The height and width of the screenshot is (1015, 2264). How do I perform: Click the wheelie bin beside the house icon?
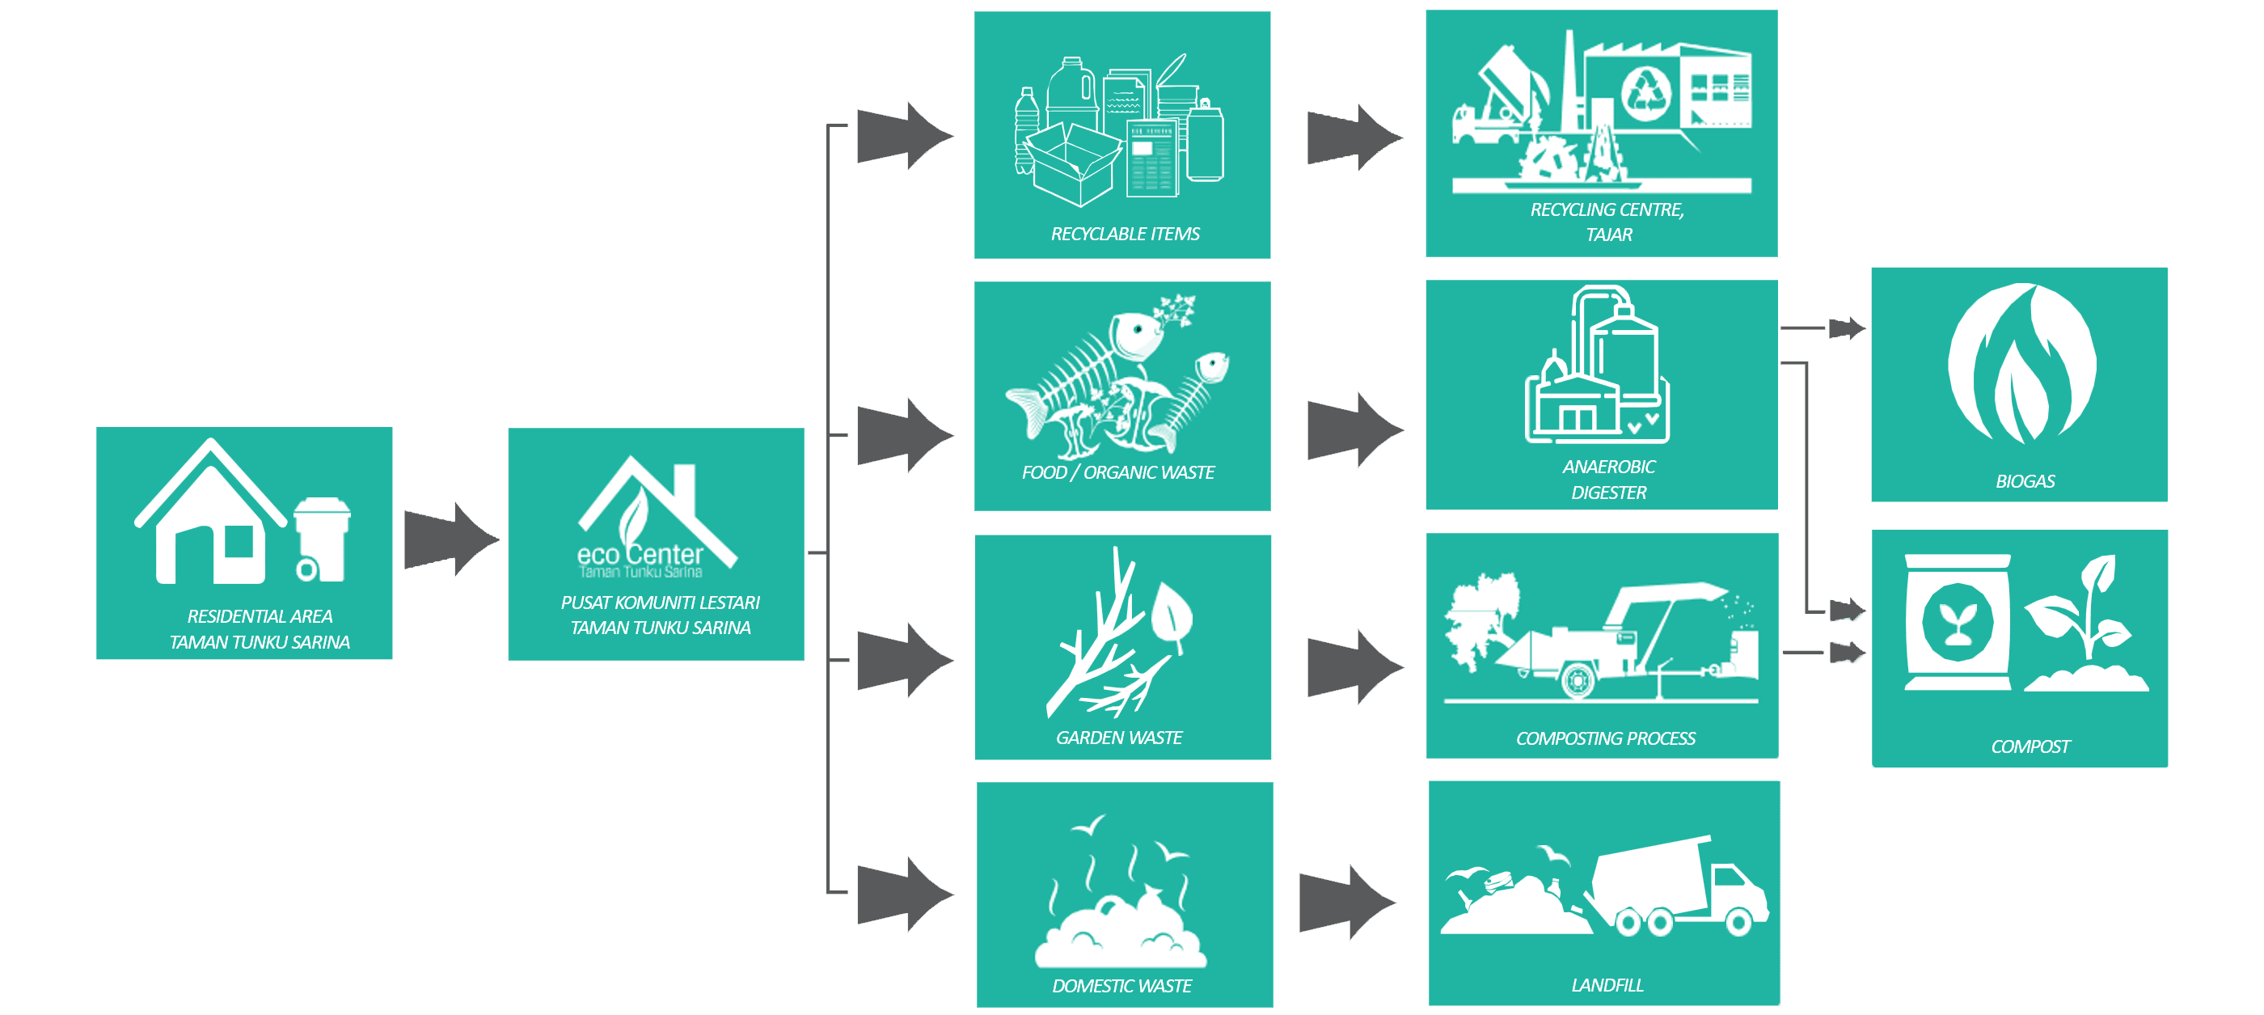[x=322, y=539]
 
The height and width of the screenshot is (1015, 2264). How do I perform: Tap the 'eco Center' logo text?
[x=640, y=556]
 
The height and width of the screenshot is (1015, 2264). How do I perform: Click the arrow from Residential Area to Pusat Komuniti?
[x=451, y=539]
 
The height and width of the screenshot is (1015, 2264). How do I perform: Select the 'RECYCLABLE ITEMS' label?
[x=1125, y=234]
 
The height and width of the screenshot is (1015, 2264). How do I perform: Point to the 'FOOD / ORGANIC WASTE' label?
[x=1118, y=473]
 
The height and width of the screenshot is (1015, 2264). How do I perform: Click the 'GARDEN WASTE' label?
[x=1119, y=738]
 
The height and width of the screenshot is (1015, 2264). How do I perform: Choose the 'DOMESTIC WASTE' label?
[x=1121, y=986]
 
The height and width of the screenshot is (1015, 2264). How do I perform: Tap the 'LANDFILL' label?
[x=1607, y=985]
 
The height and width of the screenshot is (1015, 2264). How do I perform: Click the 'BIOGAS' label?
[x=2025, y=481]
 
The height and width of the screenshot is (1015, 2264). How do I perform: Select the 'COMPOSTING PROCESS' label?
[x=1605, y=739]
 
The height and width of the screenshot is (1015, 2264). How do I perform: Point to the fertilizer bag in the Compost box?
[x=1958, y=622]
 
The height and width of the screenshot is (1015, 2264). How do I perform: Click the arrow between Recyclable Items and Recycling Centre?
[x=1354, y=137]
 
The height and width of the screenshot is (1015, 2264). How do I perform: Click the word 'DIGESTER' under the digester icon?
[x=1608, y=493]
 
